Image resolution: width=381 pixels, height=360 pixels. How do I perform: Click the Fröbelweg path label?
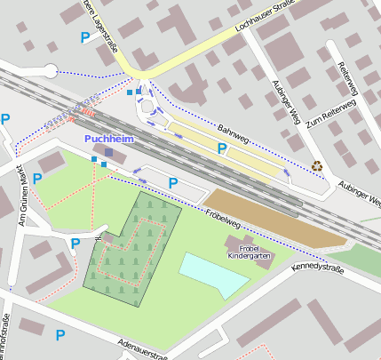[223, 215]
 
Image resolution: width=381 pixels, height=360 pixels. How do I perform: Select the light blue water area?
[213, 273]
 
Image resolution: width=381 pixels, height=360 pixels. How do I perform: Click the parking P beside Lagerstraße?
[85, 37]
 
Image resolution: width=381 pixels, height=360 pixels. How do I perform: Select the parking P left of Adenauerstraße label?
[60, 334]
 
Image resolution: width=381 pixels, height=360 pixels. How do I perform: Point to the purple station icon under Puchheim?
[108, 153]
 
